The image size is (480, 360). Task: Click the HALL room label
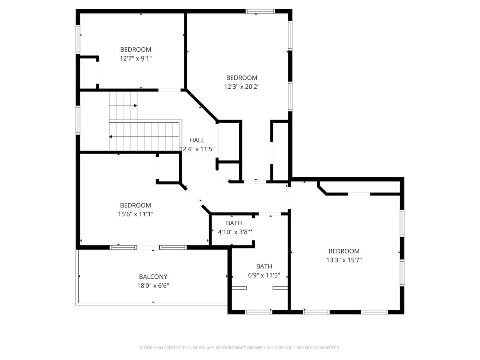coord(197,140)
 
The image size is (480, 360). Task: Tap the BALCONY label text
coord(153,277)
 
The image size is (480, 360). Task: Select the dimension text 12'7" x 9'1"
coord(136,58)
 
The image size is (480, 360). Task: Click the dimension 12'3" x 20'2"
coord(242,87)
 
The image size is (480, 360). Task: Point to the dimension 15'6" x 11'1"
coord(136,214)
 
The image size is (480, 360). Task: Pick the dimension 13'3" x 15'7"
coord(344,260)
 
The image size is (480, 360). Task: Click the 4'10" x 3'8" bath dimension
coord(234,232)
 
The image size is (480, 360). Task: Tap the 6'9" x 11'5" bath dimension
coord(264,275)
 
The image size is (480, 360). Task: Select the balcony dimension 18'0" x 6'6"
coord(153,286)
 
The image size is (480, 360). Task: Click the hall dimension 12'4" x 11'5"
coord(197,149)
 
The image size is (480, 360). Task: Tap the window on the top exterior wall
coord(260,11)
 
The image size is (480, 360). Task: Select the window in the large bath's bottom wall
coord(258,312)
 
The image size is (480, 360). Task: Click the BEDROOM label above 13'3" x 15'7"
coord(344,251)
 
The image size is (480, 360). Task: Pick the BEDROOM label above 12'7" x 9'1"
coord(136,50)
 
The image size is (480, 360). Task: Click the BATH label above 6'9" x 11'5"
coord(264,266)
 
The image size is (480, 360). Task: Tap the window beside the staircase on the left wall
coord(78,120)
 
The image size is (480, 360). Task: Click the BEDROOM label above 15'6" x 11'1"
coord(136,205)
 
